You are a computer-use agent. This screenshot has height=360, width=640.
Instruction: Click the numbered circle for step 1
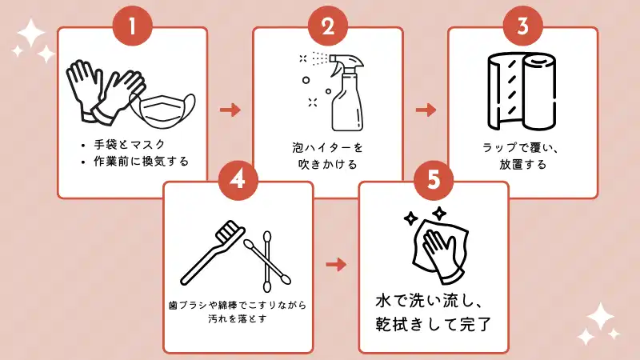(132, 26)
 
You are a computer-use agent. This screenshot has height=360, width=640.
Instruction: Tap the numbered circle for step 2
(327, 26)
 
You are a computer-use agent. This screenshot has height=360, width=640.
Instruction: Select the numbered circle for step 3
(522, 26)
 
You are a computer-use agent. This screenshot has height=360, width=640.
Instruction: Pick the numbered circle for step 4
(238, 180)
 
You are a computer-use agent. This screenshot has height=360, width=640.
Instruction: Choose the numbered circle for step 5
(433, 180)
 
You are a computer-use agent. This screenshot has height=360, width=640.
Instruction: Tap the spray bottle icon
(336, 90)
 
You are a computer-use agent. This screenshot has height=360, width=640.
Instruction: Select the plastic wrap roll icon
(521, 92)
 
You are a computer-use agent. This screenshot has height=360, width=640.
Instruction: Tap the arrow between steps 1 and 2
(230, 110)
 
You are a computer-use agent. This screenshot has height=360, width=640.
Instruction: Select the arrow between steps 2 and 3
(426, 110)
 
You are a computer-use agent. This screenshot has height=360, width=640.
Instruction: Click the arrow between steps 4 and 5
(337, 264)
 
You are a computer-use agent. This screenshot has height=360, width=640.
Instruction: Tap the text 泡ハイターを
(327, 148)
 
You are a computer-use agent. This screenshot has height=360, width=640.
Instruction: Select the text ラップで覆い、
(522, 148)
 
